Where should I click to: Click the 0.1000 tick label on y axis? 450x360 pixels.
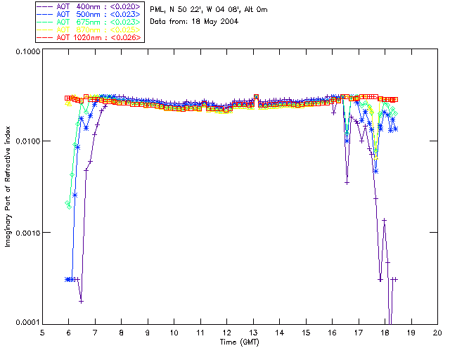[x=26, y=51]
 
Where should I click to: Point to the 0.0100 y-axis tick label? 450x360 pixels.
[x=26, y=141]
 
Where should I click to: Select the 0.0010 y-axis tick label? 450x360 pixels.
[x=26, y=232]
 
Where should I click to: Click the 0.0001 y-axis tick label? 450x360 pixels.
[x=26, y=322]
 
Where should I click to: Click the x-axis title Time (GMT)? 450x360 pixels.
[x=239, y=342]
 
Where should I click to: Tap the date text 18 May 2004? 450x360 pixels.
[x=215, y=21]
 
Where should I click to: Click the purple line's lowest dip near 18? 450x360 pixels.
[x=390, y=320]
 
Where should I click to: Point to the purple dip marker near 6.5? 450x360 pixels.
[x=82, y=301]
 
